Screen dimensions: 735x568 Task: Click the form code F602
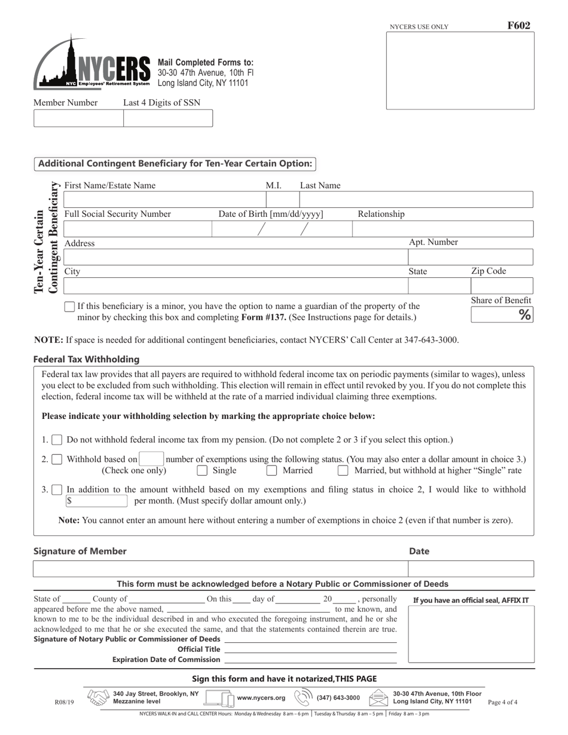[x=518, y=26]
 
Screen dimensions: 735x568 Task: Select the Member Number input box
[x=78, y=118]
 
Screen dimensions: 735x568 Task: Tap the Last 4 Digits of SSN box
[x=167, y=118]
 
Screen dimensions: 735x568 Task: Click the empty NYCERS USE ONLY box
[x=460, y=71]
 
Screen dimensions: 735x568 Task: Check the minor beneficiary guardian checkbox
[x=69, y=307]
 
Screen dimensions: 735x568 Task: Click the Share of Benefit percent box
[x=501, y=314]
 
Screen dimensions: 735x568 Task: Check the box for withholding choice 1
[x=57, y=440]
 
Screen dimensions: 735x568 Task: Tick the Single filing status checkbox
[x=202, y=470]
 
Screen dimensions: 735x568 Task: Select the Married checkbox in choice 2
[x=271, y=470]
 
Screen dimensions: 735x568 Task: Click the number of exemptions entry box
[x=151, y=459]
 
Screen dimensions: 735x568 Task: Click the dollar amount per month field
[x=97, y=501]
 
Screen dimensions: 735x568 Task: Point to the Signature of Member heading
[x=80, y=551]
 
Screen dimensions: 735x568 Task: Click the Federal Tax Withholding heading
[x=86, y=359]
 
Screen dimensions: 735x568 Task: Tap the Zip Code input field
[x=501, y=286]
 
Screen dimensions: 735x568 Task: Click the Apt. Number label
[x=433, y=242]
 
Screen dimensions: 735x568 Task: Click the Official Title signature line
[x=310, y=650]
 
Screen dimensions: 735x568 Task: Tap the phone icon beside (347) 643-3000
[x=303, y=697]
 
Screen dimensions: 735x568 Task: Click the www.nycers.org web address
[x=261, y=697]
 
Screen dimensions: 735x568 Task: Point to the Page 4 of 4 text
[x=503, y=703]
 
